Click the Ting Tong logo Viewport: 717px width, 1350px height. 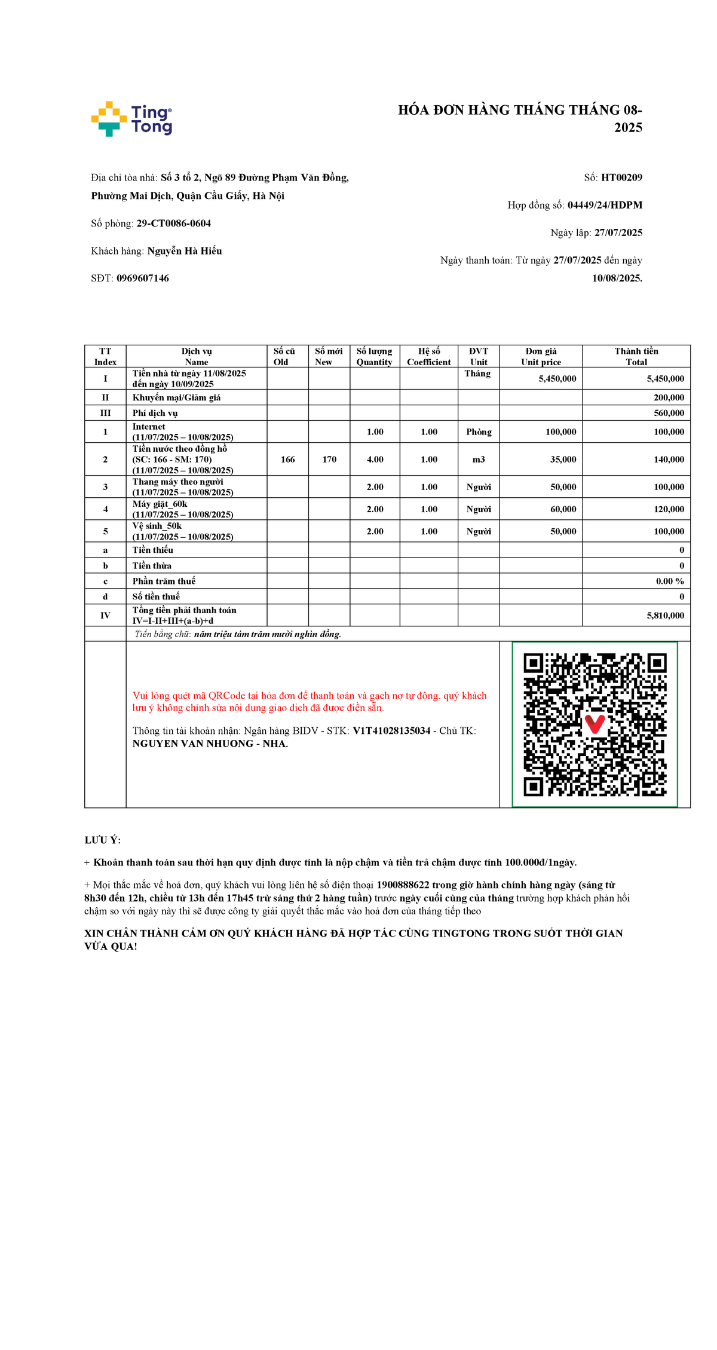pos(131,119)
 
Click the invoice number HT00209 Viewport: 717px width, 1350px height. pos(621,177)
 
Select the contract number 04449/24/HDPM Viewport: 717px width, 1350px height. pos(605,205)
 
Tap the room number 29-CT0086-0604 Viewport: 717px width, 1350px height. pos(173,224)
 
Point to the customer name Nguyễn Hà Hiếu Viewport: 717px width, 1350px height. pos(184,251)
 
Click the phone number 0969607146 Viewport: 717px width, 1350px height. pos(142,278)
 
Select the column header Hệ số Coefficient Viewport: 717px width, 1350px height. pos(428,356)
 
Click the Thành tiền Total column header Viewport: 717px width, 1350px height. pos(636,356)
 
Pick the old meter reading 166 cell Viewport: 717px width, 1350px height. pos(287,460)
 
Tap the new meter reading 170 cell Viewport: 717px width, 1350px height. pos(329,460)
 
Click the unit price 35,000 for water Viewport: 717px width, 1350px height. pos(563,460)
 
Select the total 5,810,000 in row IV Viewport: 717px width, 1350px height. pos(665,616)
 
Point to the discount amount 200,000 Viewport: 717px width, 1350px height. pos(669,397)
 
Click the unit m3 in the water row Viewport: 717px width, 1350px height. pos(479,460)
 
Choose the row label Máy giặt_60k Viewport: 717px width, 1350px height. pos(160,504)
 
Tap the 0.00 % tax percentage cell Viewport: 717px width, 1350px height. pos(669,581)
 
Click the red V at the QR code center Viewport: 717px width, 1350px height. pos(594,724)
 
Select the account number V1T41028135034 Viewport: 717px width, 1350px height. pos(391,731)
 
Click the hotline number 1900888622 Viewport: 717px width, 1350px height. pos(403,885)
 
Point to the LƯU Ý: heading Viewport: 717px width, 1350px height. pos(103,840)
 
